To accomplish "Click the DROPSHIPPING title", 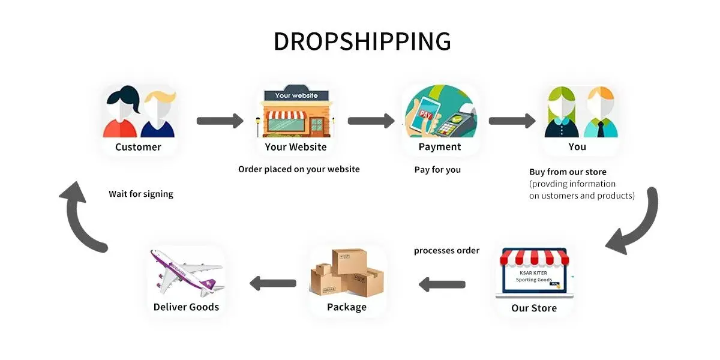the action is [x=362, y=41].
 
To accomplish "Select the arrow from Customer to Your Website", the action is [x=220, y=121].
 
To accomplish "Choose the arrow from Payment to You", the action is [x=511, y=121].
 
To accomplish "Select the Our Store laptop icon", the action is [x=535, y=274].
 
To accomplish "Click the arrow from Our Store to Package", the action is [x=442, y=284].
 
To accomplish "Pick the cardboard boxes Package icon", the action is [x=347, y=273].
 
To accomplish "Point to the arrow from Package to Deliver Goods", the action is [x=272, y=283].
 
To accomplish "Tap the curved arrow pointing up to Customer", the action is [x=81, y=213].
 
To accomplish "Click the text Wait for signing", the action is [x=141, y=194].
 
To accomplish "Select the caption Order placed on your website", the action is [x=299, y=169].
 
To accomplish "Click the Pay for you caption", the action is [x=437, y=170].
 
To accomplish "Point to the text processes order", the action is [x=446, y=250].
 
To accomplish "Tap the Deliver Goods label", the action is [x=186, y=307].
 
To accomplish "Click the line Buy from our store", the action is [x=568, y=172].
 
